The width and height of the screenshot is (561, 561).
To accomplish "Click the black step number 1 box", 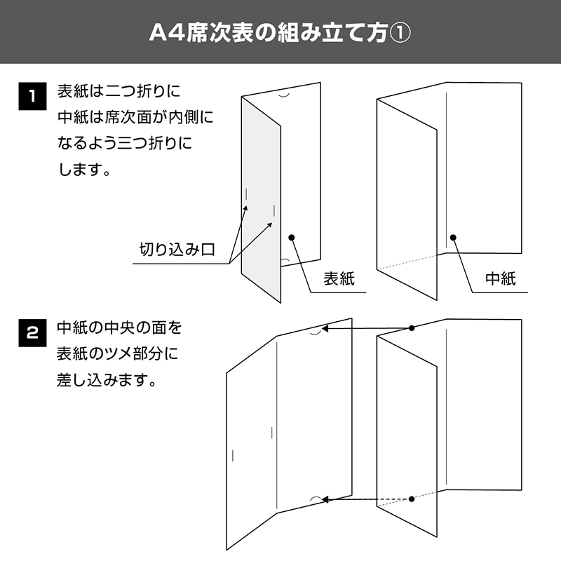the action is pyautogui.click(x=32, y=96).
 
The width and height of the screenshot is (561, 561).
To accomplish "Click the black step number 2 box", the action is pyautogui.click(x=32, y=333).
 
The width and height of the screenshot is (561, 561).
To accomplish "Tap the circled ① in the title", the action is pyautogui.click(x=400, y=33).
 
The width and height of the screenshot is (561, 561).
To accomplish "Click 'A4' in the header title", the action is pyautogui.click(x=167, y=33).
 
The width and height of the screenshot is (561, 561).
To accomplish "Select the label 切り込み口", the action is pyautogui.click(x=177, y=250).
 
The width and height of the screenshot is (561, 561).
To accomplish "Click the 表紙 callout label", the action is pyautogui.click(x=339, y=278).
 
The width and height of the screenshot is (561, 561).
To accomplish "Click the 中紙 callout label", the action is pyautogui.click(x=501, y=278).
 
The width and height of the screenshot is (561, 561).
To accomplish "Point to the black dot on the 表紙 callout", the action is pyautogui.click(x=292, y=238).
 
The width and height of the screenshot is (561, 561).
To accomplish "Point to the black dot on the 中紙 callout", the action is pyautogui.click(x=453, y=238).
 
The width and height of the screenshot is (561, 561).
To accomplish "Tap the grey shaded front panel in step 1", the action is pyautogui.click(x=261, y=201).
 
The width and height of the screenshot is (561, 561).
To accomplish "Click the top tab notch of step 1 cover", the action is pyautogui.click(x=285, y=96).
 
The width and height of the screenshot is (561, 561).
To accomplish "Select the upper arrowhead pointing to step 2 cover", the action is pyautogui.click(x=325, y=328).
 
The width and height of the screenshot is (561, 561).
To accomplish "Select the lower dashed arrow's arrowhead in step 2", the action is pyautogui.click(x=325, y=499).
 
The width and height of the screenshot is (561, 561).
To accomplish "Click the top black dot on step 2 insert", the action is pyautogui.click(x=412, y=328).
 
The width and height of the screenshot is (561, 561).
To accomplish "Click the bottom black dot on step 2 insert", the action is pyautogui.click(x=412, y=499).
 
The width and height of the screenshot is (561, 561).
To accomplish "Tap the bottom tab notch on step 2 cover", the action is pyautogui.click(x=315, y=498).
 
